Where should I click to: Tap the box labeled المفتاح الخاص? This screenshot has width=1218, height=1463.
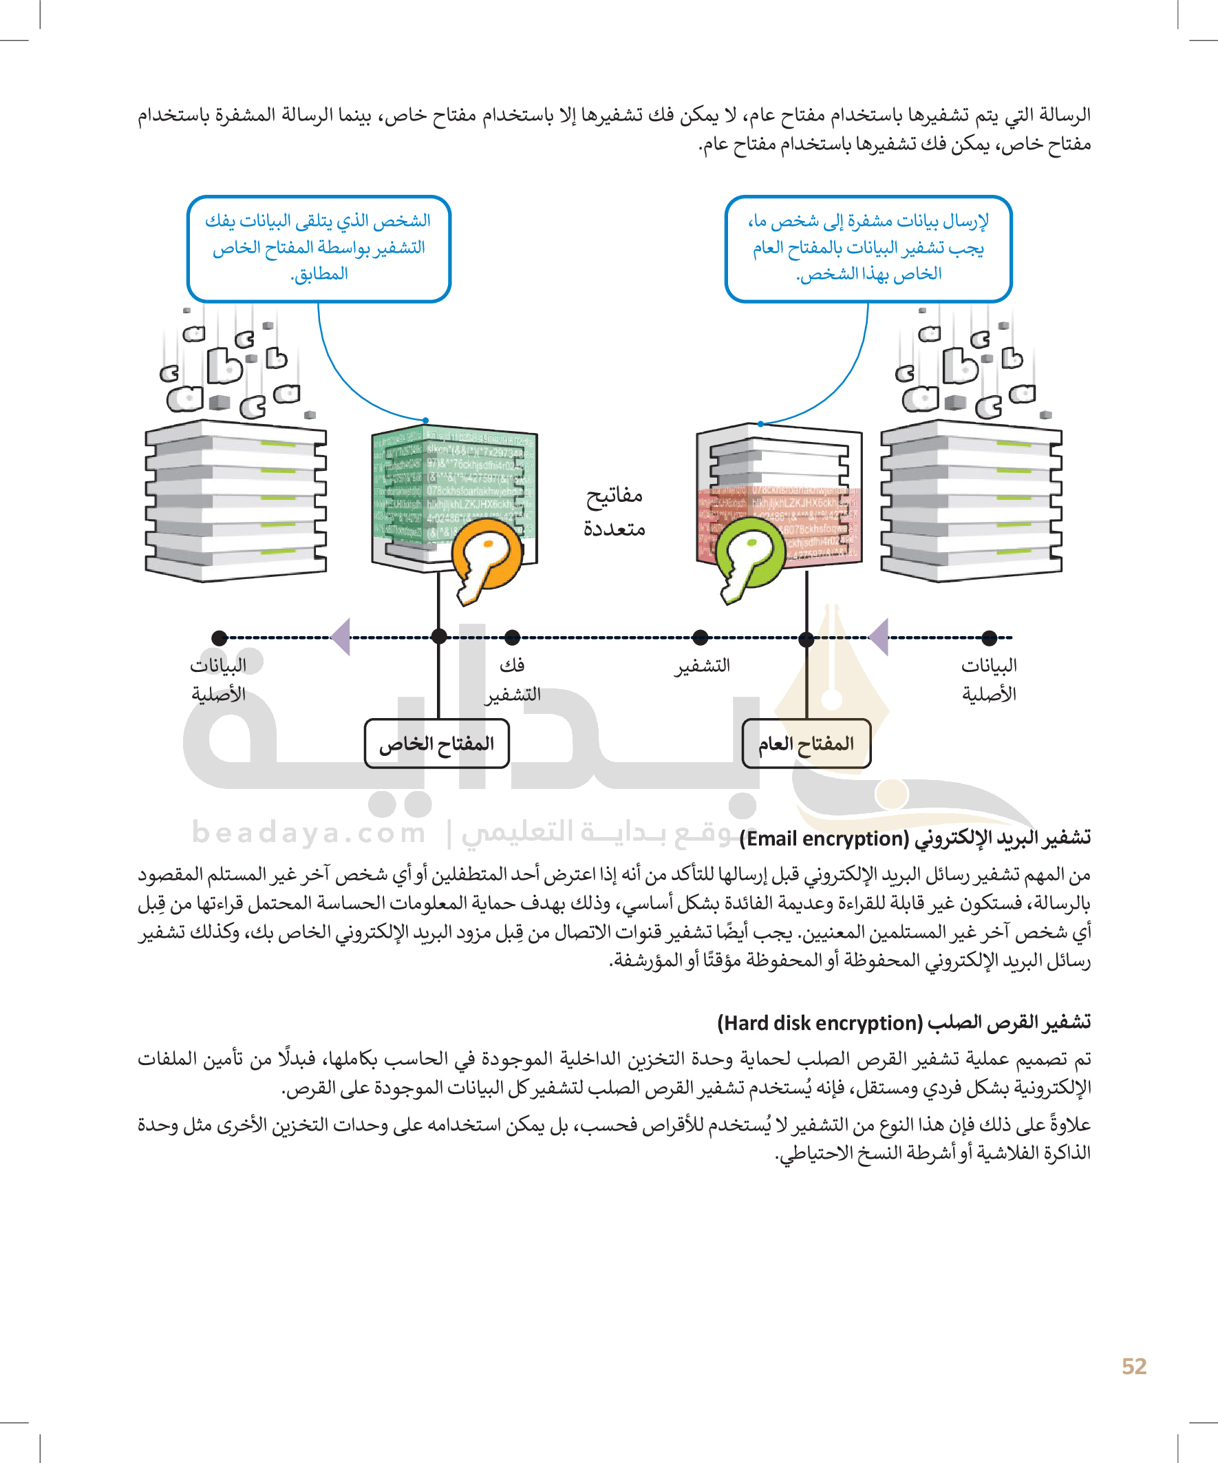(437, 744)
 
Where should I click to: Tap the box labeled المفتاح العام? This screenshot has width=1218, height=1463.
(806, 744)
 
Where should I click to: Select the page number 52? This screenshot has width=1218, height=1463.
(1134, 1366)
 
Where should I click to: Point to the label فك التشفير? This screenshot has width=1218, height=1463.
(513, 680)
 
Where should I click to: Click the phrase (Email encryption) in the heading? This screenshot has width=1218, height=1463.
(824, 838)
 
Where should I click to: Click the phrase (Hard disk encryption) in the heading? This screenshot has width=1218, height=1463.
(820, 1022)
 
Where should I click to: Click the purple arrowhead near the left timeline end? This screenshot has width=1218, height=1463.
(341, 636)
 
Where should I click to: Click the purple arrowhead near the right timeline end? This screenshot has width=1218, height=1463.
(879, 636)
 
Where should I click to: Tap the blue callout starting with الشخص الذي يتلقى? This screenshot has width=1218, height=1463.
(319, 248)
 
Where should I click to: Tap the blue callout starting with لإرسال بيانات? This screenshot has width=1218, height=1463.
(868, 248)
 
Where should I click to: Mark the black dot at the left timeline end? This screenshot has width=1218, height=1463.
(220, 637)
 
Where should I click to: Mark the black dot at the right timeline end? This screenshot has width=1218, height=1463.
(989, 636)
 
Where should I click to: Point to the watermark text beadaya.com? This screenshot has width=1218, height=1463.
(308, 832)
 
